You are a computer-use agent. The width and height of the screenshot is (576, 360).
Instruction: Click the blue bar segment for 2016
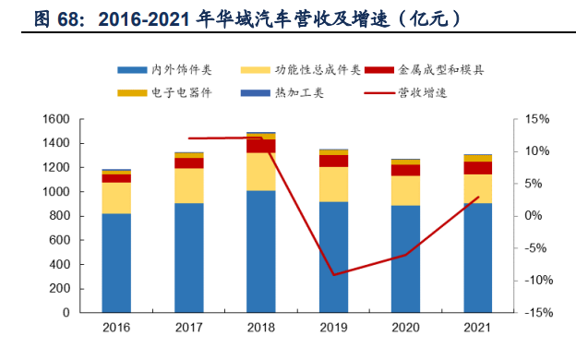pyautogui.click(x=116, y=262)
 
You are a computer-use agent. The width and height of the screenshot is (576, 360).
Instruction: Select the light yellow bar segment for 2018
pyautogui.click(x=260, y=171)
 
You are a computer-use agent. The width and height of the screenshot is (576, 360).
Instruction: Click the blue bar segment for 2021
pyautogui.click(x=477, y=258)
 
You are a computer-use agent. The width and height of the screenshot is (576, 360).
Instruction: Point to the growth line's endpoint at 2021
pyautogui.click(x=477, y=197)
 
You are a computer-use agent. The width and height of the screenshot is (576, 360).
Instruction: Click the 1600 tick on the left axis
pyautogui.click(x=57, y=119)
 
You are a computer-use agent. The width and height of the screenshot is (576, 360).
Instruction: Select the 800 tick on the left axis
pyautogui.click(x=60, y=216)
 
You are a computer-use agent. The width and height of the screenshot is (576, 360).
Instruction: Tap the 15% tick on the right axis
pyautogui.click(x=535, y=119)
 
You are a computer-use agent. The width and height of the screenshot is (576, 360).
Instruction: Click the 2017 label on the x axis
pyautogui.click(x=188, y=328)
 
